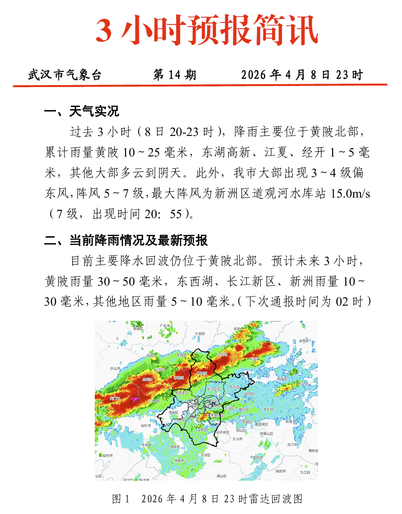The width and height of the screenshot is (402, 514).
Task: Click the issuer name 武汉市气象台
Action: pos(64,75)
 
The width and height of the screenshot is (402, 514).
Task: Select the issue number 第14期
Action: pos(174,75)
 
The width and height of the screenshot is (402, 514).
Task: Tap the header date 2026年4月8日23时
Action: pos(302,75)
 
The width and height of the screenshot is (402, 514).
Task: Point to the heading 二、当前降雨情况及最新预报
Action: pos(126,241)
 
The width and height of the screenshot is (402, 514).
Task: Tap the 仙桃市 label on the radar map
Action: pos(146,425)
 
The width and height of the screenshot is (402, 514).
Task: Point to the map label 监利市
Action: pos(106,455)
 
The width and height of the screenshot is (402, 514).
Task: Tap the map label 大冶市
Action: pos(237,439)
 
